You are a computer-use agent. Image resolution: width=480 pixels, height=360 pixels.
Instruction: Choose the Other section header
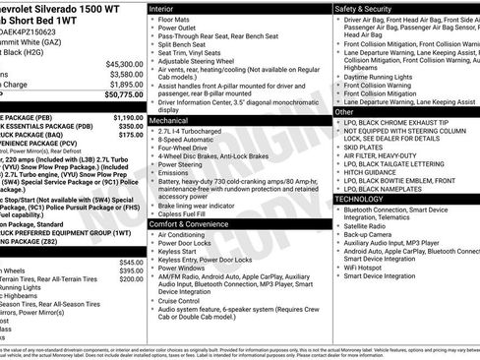[344, 112]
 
